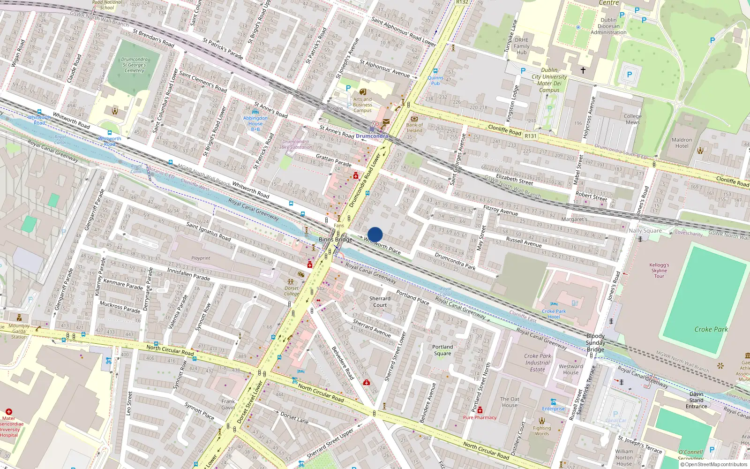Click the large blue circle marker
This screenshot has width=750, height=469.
(x=375, y=234)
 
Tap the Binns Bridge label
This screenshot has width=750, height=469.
(x=335, y=239)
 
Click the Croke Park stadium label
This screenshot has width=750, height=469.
(x=711, y=329)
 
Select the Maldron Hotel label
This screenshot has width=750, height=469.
(x=682, y=143)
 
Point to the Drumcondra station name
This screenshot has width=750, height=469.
(x=372, y=136)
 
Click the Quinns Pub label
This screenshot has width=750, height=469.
(x=435, y=81)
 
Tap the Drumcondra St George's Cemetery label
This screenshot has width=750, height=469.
(x=135, y=65)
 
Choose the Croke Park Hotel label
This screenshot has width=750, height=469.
(x=554, y=314)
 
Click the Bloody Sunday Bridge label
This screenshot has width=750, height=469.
(x=595, y=343)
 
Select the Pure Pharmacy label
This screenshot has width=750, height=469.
(x=480, y=417)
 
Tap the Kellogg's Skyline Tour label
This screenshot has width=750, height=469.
(x=659, y=271)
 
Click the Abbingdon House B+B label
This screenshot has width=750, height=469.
(x=255, y=123)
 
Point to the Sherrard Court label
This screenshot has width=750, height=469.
(x=380, y=302)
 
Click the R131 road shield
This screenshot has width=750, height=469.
(x=530, y=136)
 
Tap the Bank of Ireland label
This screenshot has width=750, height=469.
(x=414, y=128)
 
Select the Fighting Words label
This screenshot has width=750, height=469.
(x=542, y=431)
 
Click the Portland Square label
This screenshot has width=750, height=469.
(x=442, y=350)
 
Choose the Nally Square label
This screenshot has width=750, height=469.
(x=645, y=230)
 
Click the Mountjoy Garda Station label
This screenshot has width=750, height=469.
(x=19, y=331)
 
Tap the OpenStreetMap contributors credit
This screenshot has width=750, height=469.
(x=713, y=464)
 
